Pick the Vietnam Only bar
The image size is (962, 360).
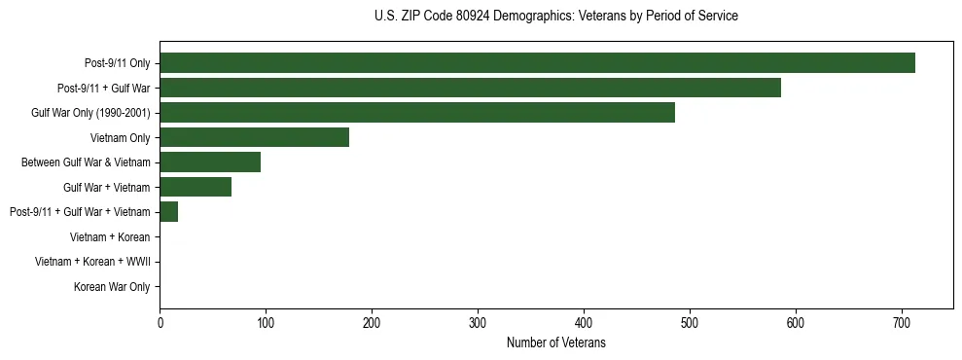[254, 137]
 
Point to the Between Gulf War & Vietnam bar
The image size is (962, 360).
[210, 162]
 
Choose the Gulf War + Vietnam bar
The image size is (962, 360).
[196, 187]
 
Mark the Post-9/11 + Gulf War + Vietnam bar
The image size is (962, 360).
[169, 212]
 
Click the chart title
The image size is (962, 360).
[556, 17]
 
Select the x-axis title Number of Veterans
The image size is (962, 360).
[556, 342]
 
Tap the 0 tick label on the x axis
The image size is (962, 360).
[160, 323]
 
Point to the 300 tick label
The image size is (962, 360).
[478, 323]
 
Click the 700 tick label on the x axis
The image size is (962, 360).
[902, 323]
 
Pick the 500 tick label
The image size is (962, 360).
[690, 323]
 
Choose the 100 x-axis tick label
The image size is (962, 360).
[266, 323]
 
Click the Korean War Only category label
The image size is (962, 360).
[112, 287]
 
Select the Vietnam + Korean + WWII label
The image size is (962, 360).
[92, 262]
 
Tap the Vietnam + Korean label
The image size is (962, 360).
[110, 236]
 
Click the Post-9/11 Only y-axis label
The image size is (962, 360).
[117, 63]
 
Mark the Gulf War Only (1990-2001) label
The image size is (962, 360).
[90, 113]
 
